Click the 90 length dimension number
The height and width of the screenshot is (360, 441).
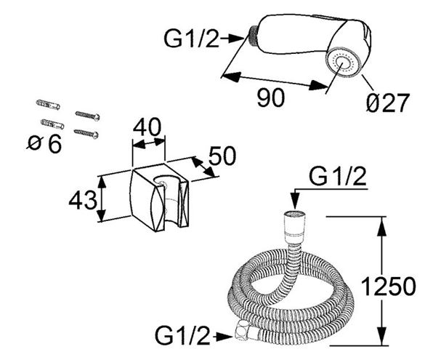[x=271, y=97]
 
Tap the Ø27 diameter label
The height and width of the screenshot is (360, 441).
[x=387, y=103]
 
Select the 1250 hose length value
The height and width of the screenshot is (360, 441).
[x=388, y=287]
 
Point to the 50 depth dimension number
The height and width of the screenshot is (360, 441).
[x=222, y=156]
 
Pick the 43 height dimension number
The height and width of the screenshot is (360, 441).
[x=83, y=201]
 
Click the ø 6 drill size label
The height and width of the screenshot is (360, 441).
[x=44, y=144]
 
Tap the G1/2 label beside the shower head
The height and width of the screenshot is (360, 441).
[x=191, y=39]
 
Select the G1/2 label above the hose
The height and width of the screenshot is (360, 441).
[x=338, y=177]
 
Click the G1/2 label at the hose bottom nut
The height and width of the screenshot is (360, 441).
[x=183, y=335]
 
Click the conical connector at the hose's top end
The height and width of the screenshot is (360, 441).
[x=294, y=227]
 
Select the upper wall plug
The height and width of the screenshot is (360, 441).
[x=48, y=105]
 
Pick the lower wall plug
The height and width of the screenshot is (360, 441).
[x=52, y=124]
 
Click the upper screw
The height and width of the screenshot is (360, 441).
[x=88, y=116]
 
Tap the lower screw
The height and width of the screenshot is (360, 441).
[x=86, y=133]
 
